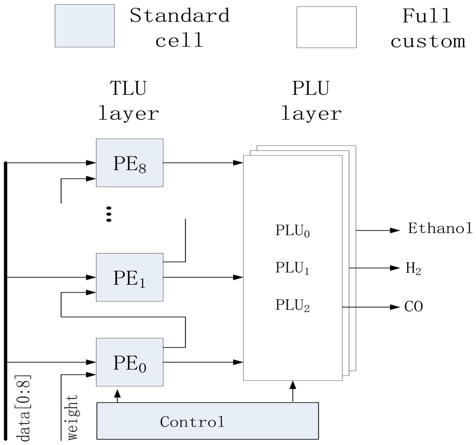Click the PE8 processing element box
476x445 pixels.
[x=130, y=163]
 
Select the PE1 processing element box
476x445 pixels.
[x=130, y=277]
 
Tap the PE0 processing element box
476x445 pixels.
[x=130, y=362]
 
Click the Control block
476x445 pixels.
[x=207, y=421]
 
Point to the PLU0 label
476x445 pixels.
[x=292, y=231]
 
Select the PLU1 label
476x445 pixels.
[x=292, y=268]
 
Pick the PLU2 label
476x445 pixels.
[x=292, y=306]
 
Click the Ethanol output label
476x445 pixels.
[x=440, y=229]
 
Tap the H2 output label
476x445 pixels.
[x=413, y=268]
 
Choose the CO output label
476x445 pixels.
[x=413, y=307]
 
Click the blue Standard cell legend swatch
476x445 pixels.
[x=85, y=26]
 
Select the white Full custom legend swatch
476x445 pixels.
[x=327, y=27]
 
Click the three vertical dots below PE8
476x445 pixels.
[x=109, y=214]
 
